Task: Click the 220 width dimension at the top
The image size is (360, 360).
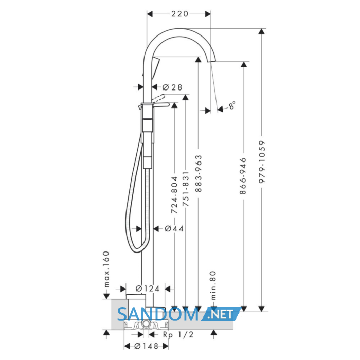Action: [x=180, y=14]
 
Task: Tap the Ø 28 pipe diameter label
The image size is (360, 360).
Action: [x=172, y=87]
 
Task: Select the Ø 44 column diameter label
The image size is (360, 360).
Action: [x=174, y=229]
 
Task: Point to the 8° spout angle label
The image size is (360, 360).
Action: [x=232, y=105]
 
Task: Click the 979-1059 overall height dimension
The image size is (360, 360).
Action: [x=262, y=162]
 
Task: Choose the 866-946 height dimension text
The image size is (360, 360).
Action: [x=243, y=176]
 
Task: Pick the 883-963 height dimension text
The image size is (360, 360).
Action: [x=198, y=173]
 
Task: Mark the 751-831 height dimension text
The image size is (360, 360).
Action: [x=186, y=189]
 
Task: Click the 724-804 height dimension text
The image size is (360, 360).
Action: [x=174, y=195]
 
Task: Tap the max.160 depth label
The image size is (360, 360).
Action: [x=106, y=269]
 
